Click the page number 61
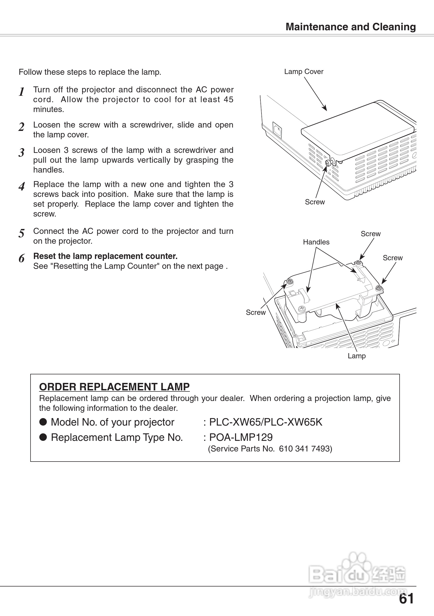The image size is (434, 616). [x=406, y=599]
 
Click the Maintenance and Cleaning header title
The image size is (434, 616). [x=350, y=27]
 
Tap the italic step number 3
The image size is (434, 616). [x=22, y=153]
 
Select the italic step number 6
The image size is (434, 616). [x=22, y=258]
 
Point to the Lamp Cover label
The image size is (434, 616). [x=304, y=72]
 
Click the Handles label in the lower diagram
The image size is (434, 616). [x=316, y=242]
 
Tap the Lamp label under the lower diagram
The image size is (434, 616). [x=356, y=356]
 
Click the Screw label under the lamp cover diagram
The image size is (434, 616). [x=315, y=202]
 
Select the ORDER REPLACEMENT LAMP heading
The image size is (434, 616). [x=114, y=387]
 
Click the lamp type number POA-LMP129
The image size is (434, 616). [x=241, y=437]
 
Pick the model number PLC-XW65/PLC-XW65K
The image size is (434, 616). [x=266, y=422]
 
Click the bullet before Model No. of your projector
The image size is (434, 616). [x=43, y=422]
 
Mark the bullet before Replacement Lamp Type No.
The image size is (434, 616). [x=43, y=437]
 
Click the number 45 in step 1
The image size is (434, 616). [x=229, y=100]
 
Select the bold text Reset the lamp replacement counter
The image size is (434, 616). [x=106, y=256]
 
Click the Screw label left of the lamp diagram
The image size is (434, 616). [x=256, y=313]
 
